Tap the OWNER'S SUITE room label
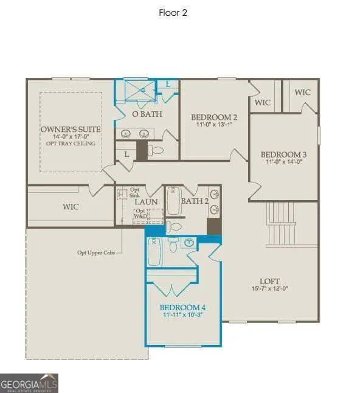point(71,130)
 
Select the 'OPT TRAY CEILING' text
point(71,144)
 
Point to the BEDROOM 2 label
point(214,117)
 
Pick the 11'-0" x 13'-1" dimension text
point(214,125)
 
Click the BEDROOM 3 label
point(283,155)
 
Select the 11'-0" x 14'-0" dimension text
point(283,162)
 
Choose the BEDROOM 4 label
point(182,307)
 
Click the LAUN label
point(147,202)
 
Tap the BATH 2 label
point(195,201)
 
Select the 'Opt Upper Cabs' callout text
point(96,252)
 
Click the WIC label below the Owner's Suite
point(71,207)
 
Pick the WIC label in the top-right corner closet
point(302,92)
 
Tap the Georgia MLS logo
point(29,383)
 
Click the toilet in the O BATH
point(157,150)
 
